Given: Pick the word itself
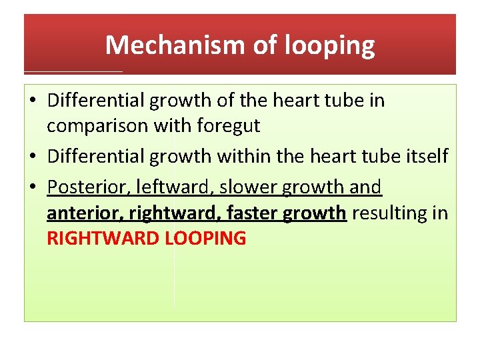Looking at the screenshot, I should coord(424,156).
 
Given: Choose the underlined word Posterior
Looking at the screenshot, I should coord(84,187).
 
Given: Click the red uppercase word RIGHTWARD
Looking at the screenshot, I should coord(103,238).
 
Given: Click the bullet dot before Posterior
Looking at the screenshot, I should coord(33,187).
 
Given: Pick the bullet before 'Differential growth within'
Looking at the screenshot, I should coord(33,156).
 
